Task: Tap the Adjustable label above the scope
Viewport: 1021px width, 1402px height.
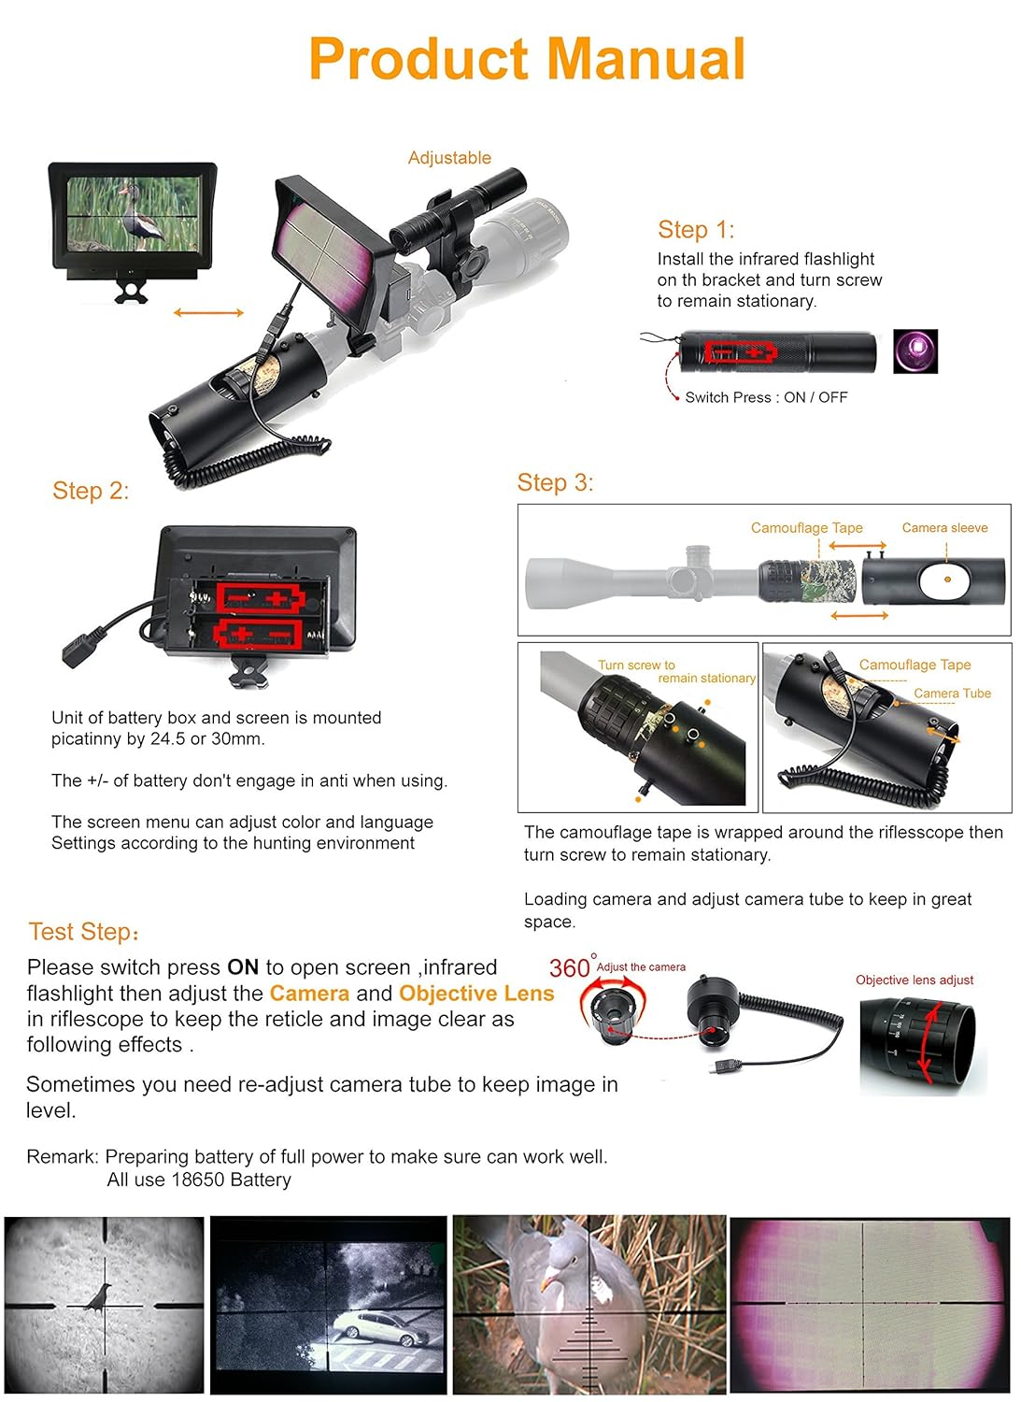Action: tap(449, 158)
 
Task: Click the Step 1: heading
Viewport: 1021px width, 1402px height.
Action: tap(696, 230)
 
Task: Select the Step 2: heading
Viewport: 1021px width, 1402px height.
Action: tap(91, 491)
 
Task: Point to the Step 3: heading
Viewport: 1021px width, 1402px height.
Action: tap(555, 482)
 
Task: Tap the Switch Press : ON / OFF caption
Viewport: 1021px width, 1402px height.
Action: tap(766, 397)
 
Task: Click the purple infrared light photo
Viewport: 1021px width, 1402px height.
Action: tap(915, 351)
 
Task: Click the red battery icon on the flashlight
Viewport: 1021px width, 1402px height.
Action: tap(740, 352)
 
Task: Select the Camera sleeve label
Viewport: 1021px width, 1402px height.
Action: tap(944, 528)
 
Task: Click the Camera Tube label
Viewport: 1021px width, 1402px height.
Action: tap(952, 694)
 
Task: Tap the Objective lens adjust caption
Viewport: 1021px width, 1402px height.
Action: tap(915, 980)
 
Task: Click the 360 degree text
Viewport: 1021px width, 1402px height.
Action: tap(570, 967)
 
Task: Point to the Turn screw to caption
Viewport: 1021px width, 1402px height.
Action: tap(636, 665)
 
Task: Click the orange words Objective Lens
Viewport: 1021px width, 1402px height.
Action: tap(476, 994)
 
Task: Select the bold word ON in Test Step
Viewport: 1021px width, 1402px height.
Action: tap(243, 967)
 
